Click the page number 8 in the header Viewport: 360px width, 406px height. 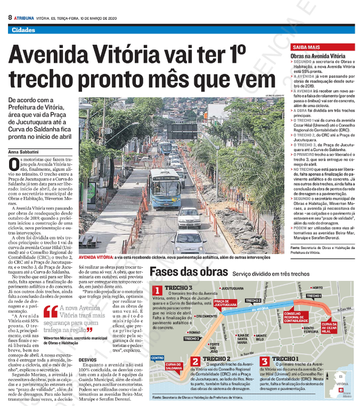(x=10, y=18)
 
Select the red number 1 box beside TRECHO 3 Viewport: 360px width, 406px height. (x=157, y=290)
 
